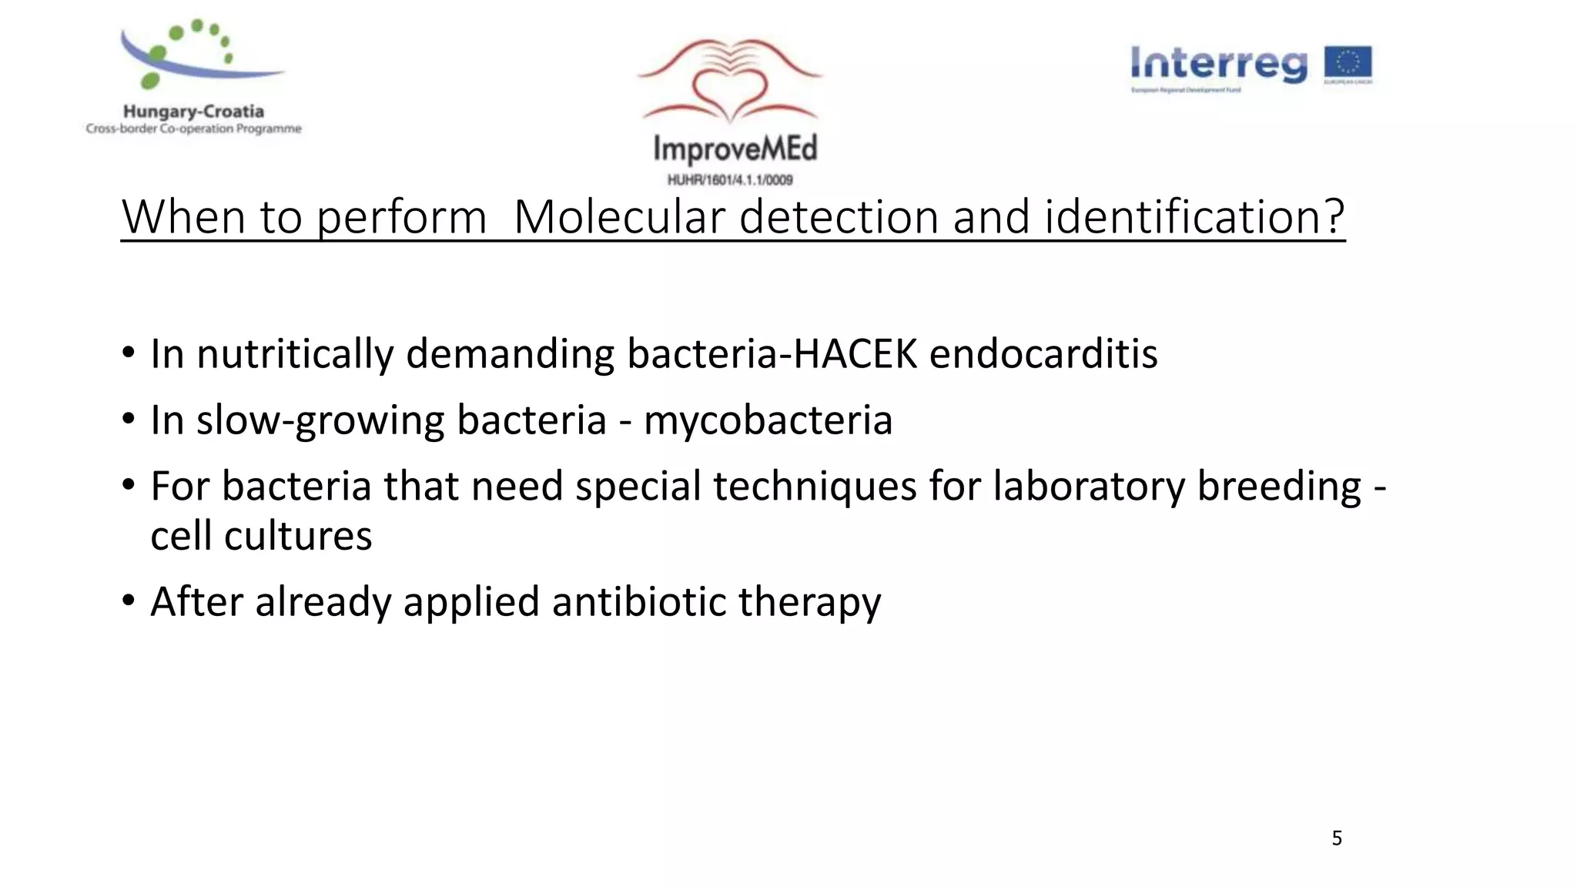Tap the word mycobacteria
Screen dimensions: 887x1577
tap(768, 420)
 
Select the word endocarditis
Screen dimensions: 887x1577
tap(1043, 354)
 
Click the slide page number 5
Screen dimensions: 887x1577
tap(1337, 838)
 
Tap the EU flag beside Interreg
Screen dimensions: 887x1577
tap(1348, 64)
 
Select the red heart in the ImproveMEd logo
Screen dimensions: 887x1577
tap(730, 92)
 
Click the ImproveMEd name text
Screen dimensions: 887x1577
tap(735, 149)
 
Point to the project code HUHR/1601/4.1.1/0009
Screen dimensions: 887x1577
tap(730, 180)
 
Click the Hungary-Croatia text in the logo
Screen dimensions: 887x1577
tap(193, 112)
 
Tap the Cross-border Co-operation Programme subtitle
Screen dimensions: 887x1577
tap(193, 129)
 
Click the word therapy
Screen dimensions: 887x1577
tap(809, 603)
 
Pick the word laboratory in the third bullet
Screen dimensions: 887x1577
tap(1089, 487)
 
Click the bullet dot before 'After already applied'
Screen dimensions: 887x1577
tap(129, 600)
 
